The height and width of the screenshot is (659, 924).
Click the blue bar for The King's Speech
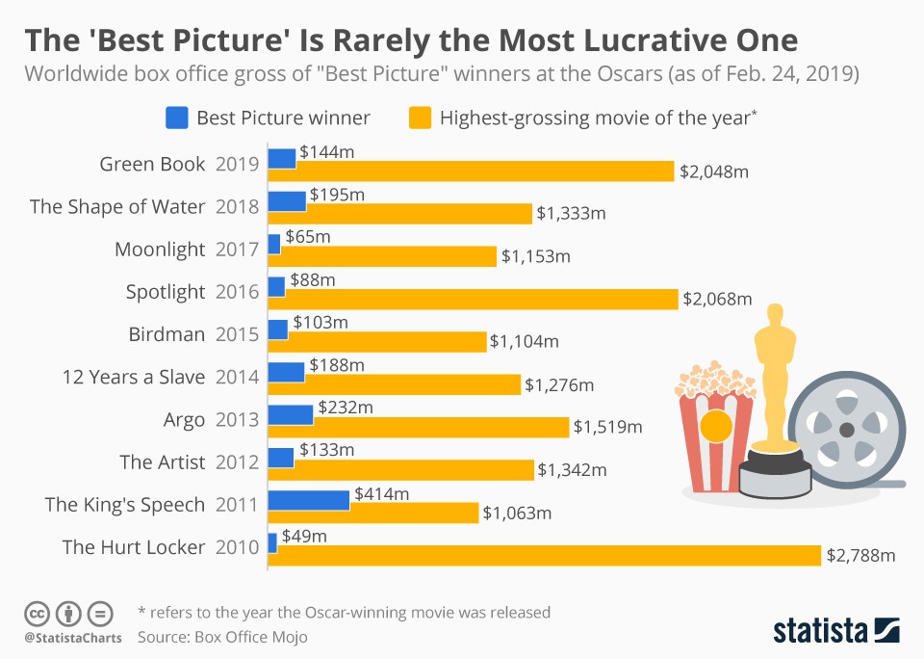tap(308, 499)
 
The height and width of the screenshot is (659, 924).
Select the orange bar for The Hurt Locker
tap(545, 555)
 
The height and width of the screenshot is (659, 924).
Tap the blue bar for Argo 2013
tap(290, 414)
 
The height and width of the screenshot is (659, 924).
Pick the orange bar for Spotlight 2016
tap(473, 299)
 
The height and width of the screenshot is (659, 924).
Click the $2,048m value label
tap(713, 172)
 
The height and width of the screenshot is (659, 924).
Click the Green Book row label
tap(152, 164)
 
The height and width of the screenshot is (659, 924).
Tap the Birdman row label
tap(167, 334)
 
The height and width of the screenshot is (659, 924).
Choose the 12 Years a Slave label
tap(133, 377)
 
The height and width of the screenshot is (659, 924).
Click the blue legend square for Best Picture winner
tap(176, 118)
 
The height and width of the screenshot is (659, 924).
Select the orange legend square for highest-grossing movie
tap(419, 118)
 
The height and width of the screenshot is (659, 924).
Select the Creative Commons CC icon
tap(37, 612)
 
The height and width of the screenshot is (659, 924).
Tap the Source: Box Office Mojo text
tap(222, 637)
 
